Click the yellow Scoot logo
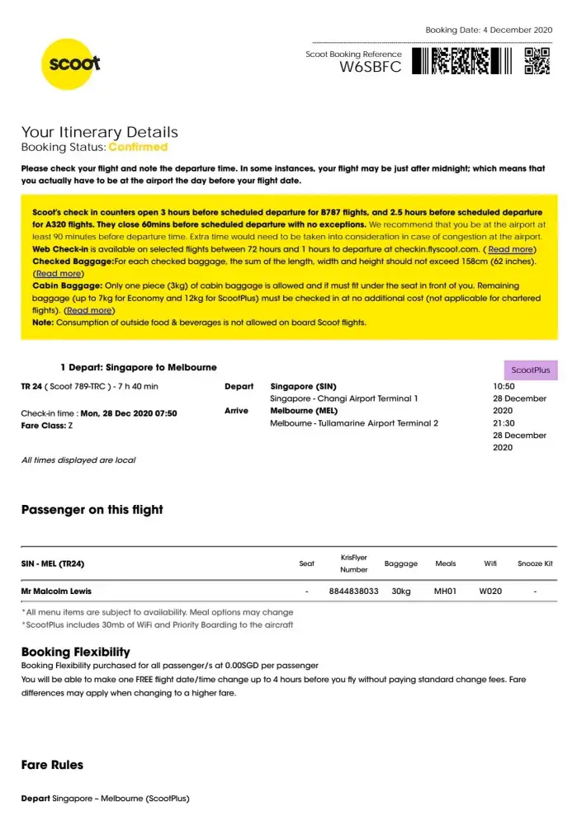click(73, 63)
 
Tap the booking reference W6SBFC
click(371, 68)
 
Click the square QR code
click(537, 61)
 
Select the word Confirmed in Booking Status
click(138, 147)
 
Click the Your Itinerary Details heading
click(99, 132)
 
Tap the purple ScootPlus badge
click(531, 370)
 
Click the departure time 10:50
click(504, 386)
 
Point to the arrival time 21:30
click(504, 423)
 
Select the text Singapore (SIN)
click(303, 386)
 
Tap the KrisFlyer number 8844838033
click(353, 592)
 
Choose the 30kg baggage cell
click(401, 592)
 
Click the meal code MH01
click(445, 592)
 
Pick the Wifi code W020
click(490, 592)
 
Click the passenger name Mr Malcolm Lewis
click(56, 592)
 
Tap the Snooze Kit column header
click(535, 564)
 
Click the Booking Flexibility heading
click(75, 652)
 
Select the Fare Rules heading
click(52, 765)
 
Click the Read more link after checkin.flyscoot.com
click(510, 249)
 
